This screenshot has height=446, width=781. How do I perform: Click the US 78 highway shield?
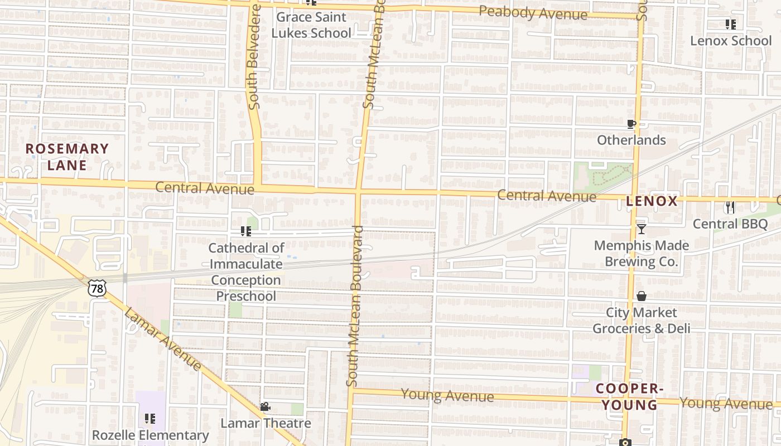point(97,288)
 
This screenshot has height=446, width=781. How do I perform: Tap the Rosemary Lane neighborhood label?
point(67,157)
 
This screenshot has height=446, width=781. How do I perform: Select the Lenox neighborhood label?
point(652,201)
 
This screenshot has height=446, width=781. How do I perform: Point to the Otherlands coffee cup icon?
point(631,124)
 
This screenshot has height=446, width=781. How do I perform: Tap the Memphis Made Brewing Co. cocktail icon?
point(641,229)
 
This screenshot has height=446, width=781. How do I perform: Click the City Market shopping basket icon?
point(641,296)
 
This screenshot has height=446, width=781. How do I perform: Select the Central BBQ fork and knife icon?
point(730,207)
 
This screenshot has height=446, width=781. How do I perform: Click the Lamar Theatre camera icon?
point(265,407)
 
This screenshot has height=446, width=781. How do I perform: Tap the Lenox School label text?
point(731,41)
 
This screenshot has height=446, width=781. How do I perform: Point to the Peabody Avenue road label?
point(533,13)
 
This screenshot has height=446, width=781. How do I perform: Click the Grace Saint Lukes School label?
point(311,25)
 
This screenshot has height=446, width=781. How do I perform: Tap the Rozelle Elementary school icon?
point(150,418)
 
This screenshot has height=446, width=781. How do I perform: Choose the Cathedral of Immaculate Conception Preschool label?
point(246,272)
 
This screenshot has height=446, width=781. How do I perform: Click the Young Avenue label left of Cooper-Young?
point(447,396)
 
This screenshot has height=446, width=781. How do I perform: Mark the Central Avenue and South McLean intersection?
point(358,192)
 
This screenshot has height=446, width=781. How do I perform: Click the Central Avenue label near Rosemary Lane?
point(204,188)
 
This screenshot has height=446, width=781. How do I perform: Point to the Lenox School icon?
point(730,24)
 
